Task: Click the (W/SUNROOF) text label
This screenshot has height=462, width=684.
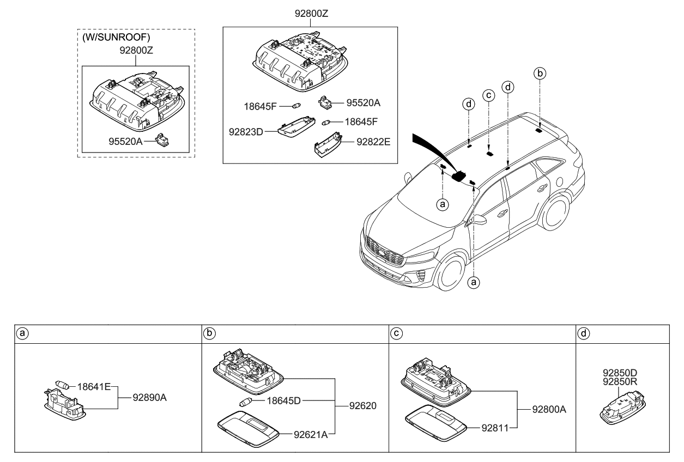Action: click(x=116, y=37)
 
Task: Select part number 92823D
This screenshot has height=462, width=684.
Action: click(x=246, y=132)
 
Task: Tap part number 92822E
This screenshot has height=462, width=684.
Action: click(x=373, y=142)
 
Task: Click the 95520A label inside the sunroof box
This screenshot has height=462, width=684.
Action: click(x=125, y=142)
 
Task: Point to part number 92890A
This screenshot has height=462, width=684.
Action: click(x=150, y=398)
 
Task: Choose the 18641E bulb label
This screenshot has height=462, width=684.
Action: click(x=94, y=387)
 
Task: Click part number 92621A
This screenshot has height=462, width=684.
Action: click(x=311, y=435)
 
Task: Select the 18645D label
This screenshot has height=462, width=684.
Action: click(x=283, y=400)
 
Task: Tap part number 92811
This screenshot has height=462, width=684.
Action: click(x=495, y=428)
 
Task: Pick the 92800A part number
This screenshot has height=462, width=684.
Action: click(x=549, y=410)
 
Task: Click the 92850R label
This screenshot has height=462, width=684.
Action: click(x=620, y=382)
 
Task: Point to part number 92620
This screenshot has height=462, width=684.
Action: click(x=363, y=406)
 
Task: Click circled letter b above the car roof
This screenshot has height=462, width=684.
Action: click(x=540, y=73)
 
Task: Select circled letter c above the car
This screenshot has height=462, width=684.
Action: click(x=488, y=95)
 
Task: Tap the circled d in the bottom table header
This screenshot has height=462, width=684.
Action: click(x=584, y=333)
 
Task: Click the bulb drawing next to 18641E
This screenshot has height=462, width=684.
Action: click(x=62, y=385)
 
